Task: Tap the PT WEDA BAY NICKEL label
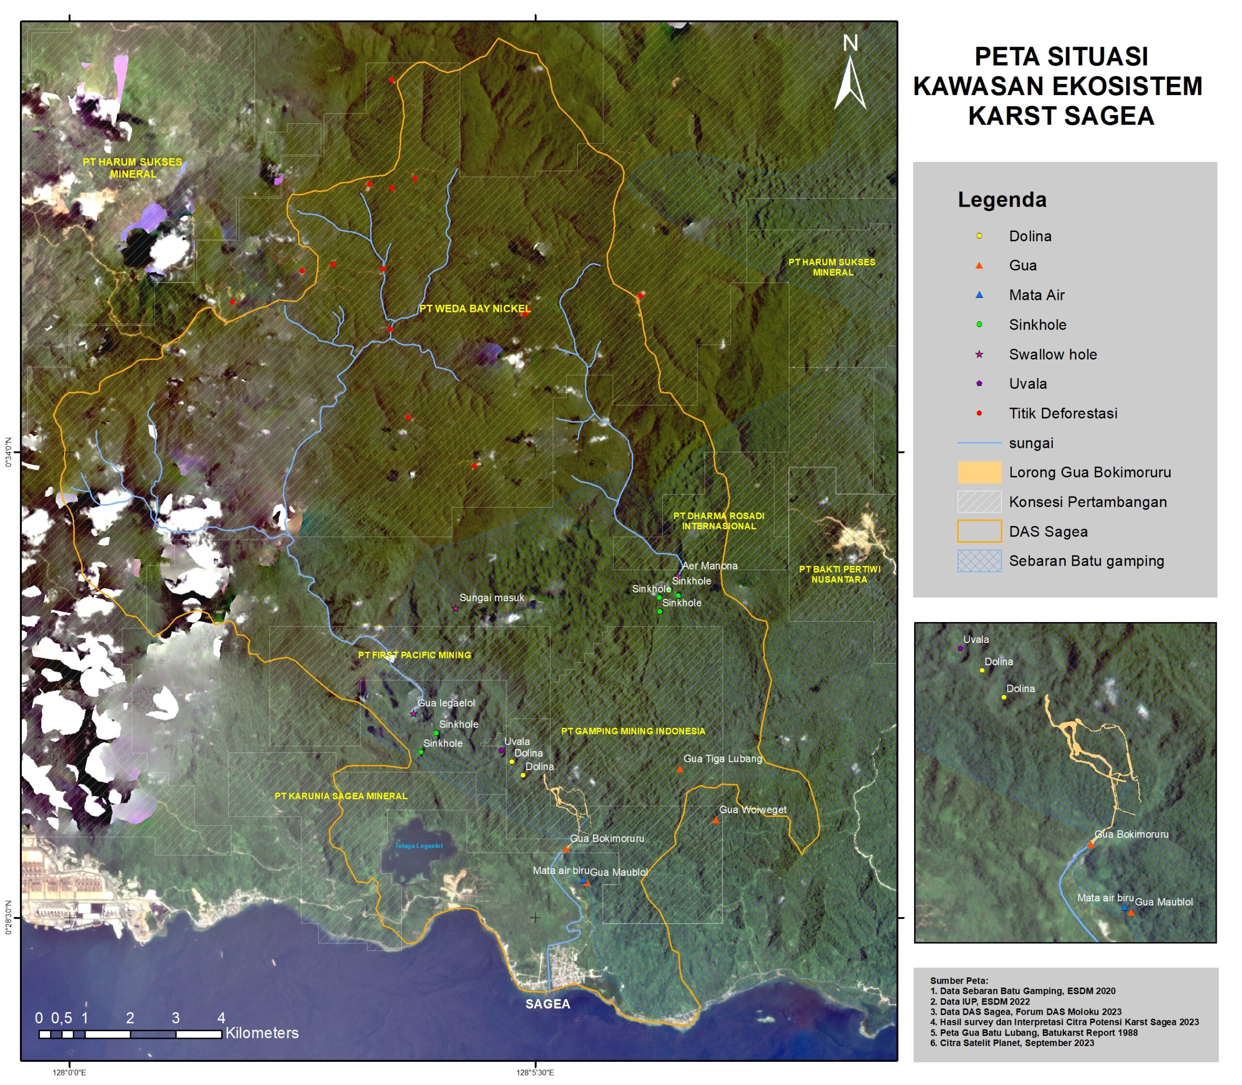pyautogui.click(x=474, y=309)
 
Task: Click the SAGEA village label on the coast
pyautogui.click(x=547, y=1004)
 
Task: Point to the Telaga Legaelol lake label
pyautogui.click(x=418, y=846)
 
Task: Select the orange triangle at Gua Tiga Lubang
pyautogui.click(x=679, y=770)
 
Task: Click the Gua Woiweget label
pyautogui.click(x=752, y=809)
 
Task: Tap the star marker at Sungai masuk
pyautogui.click(x=456, y=608)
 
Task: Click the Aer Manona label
pyautogui.click(x=709, y=565)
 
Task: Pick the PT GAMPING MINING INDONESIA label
pyautogui.click(x=633, y=731)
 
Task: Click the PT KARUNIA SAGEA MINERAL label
pyautogui.click(x=341, y=796)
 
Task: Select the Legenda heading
pyautogui.click(x=1002, y=200)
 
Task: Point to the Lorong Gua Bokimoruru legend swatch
pyautogui.click(x=979, y=472)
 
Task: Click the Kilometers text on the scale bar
pyautogui.click(x=262, y=1033)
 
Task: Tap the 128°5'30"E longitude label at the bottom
pyautogui.click(x=535, y=1073)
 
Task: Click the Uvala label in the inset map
pyautogui.click(x=976, y=640)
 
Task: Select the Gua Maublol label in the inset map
pyautogui.click(x=1163, y=902)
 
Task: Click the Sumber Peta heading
pyautogui.click(x=959, y=981)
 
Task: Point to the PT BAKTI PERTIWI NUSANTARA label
pyautogui.click(x=839, y=574)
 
